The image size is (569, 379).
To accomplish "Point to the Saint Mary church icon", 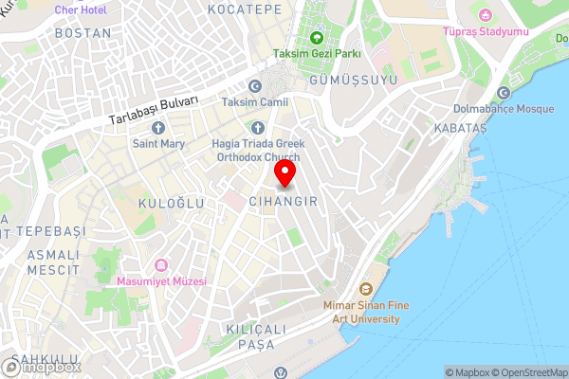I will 157,127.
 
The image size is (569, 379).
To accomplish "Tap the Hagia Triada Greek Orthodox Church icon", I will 257,127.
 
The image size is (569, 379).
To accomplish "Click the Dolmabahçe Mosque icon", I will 504,93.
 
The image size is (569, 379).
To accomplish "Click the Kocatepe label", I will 250,9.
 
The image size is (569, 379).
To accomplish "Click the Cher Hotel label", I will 81,9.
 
